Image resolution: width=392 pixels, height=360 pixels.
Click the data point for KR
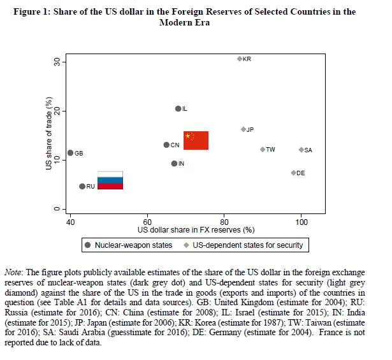240,59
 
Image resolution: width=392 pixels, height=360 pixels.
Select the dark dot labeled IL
178,109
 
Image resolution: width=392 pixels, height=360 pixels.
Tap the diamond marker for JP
243,129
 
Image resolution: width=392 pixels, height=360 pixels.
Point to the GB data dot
70,153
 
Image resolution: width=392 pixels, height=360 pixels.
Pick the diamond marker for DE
293,173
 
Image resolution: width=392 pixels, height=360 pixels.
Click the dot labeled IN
174,164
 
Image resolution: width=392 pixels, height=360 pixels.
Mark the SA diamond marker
301,150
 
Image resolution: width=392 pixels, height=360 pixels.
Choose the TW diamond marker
263,150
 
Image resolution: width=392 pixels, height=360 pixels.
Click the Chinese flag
196,140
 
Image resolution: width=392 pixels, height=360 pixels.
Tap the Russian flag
110,181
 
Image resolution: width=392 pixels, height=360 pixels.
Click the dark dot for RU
82,186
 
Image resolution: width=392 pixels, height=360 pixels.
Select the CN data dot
166,145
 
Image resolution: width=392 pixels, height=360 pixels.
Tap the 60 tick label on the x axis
147,221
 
